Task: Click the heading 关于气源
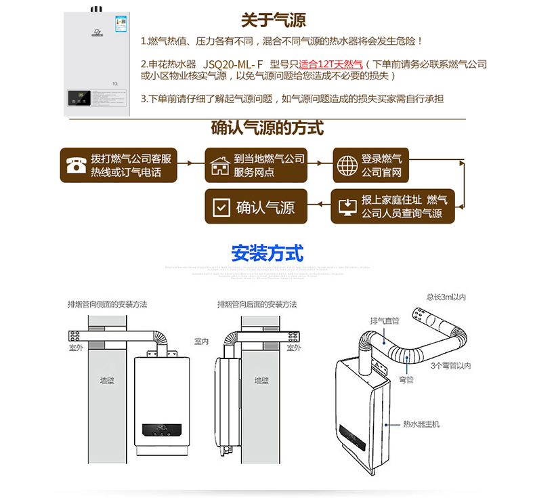point(273,20)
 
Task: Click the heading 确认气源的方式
point(267,127)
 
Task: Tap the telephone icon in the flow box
point(75,165)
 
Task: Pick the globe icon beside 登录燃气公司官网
point(347,165)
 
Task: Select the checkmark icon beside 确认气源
point(221,207)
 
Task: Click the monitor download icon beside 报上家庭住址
point(347,207)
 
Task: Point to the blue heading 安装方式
point(267,253)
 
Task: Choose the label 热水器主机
point(421,424)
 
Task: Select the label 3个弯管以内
point(450,366)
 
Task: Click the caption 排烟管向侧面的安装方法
point(107,304)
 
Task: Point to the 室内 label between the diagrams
point(202,341)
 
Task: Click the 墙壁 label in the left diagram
point(107,381)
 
